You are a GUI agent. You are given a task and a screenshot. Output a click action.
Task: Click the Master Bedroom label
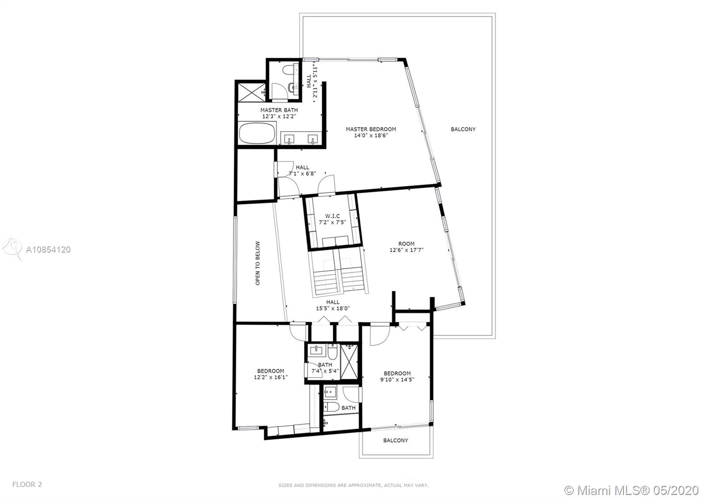[x=371, y=129]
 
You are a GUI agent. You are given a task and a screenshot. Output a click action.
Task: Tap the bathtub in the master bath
[x=257, y=133]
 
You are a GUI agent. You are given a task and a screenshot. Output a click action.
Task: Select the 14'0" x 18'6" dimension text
[x=371, y=135]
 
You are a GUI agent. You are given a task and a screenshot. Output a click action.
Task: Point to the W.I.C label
[x=332, y=216]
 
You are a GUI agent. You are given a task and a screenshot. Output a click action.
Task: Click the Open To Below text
[x=258, y=263]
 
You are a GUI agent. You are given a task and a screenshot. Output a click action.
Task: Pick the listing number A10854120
[x=48, y=250]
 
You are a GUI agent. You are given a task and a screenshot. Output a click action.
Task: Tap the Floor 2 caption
[x=27, y=484]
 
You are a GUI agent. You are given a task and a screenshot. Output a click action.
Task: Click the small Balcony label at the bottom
[x=395, y=440]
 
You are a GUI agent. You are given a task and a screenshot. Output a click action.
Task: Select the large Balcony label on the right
[x=463, y=129]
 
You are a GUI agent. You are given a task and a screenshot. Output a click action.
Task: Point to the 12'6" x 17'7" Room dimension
[x=406, y=250]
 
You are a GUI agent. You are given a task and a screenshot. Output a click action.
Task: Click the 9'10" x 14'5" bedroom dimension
[x=397, y=379]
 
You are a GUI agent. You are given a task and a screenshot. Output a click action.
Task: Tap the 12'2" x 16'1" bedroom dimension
[x=271, y=377]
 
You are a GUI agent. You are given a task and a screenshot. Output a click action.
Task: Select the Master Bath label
[x=279, y=110]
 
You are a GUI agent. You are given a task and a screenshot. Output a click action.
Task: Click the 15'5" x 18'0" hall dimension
[x=333, y=308]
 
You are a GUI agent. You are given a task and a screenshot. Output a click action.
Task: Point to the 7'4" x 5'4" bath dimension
[x=325, y=371]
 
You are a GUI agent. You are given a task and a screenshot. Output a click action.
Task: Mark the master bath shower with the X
[x=251, y=92]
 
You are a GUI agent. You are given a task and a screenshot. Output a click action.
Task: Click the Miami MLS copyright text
[x=631, y=490]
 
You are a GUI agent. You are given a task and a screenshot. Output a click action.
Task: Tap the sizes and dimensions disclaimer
[x=353, y=485]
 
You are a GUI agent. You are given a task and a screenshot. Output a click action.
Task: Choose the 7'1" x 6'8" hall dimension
[x=302, y=174]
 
